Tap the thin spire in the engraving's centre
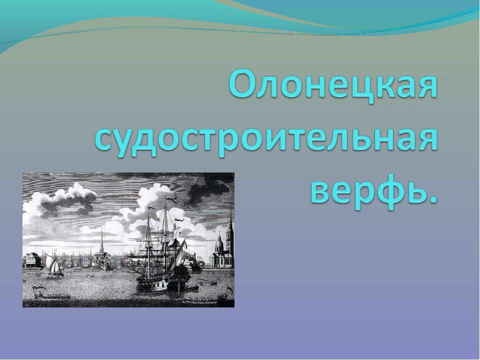102,240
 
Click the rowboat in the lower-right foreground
200,301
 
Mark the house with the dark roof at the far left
31,260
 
